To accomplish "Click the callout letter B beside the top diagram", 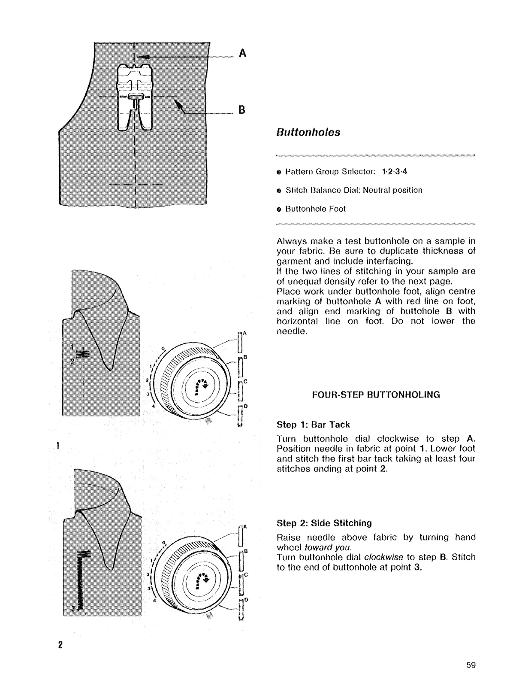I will coord(241,110).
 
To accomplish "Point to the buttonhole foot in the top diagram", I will coord(135,97).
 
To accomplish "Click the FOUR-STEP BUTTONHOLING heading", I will coord(376,395).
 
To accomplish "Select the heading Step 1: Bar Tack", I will coord(313,425).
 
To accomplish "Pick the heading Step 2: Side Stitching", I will coord(324,523).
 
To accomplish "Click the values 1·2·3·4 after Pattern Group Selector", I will coord(395,172).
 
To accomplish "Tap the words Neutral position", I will coord(392,190).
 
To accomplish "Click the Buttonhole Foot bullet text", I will coord(315,209).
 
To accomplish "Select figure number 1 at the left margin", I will coord(57,445).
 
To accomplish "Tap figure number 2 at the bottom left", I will coord(60,644).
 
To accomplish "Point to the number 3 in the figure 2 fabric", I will coord(73,608).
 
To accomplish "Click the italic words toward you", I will coord(328,547).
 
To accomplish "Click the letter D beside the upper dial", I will coord(246,406).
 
